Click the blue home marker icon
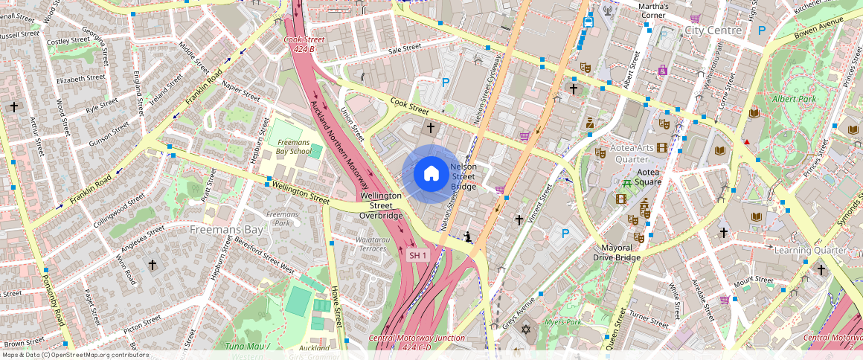pyautogui.click(x=431, y=174)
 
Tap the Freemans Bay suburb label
pyautogui.click(x=226, y=230)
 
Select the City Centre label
pyautogui.click(x=713, y=30)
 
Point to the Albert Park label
pyautogui.click(x=794, y=99)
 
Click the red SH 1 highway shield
pyautogui.click(x=418, y=255)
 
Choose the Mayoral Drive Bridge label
pyautogui.click(x=617, y=252)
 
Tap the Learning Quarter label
pyautogui.click(x=810, y=250)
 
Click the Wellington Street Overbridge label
pyautogui.click(x=381, y=205)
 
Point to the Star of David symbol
pyautogui.click(x=526, y=329)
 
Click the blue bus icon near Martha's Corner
pyautogui.click(x=588, y=22)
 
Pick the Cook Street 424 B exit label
pyautogui.click(x=304, y=44)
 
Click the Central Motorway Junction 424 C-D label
pyautogui.click(x=417, y=342)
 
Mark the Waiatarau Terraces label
pyautogui.click(x=372, y=244)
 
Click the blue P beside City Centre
pyautogui.click(x=760, y=30)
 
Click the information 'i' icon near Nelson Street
pyautogui.click(x=467, y=237)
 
